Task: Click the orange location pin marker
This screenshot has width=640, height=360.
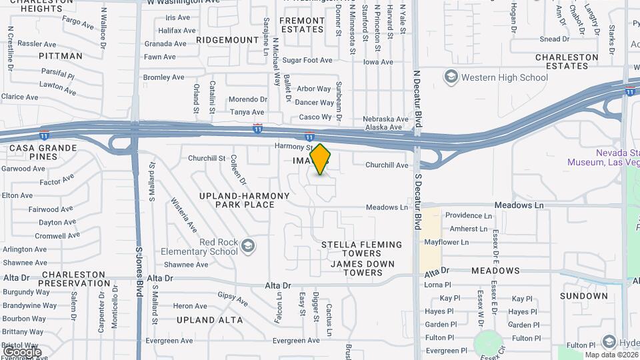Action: coord(321,159)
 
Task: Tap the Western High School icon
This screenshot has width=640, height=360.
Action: coord(451,77)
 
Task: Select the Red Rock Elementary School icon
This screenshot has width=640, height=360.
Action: coord(248,246)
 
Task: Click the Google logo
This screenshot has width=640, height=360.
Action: coord(21,352)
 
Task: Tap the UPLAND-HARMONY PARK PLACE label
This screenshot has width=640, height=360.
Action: coord(245,200)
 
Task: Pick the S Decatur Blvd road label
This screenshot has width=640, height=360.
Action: coord(419,202)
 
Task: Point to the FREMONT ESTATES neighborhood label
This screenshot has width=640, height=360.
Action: coord(302,25)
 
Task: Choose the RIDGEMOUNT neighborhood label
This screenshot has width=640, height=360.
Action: coord(227,40)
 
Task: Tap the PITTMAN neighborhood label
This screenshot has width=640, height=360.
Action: coord(61,56)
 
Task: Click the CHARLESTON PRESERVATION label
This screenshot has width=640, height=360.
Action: coord(73,279)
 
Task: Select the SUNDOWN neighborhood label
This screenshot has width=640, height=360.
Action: coord(584,295)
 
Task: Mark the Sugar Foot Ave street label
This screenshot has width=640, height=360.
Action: coord(307,60)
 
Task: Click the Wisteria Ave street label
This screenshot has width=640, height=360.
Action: coord(183,215)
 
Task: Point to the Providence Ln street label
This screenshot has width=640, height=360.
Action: coord(468,215)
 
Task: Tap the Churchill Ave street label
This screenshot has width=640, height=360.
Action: coord(387,165)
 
